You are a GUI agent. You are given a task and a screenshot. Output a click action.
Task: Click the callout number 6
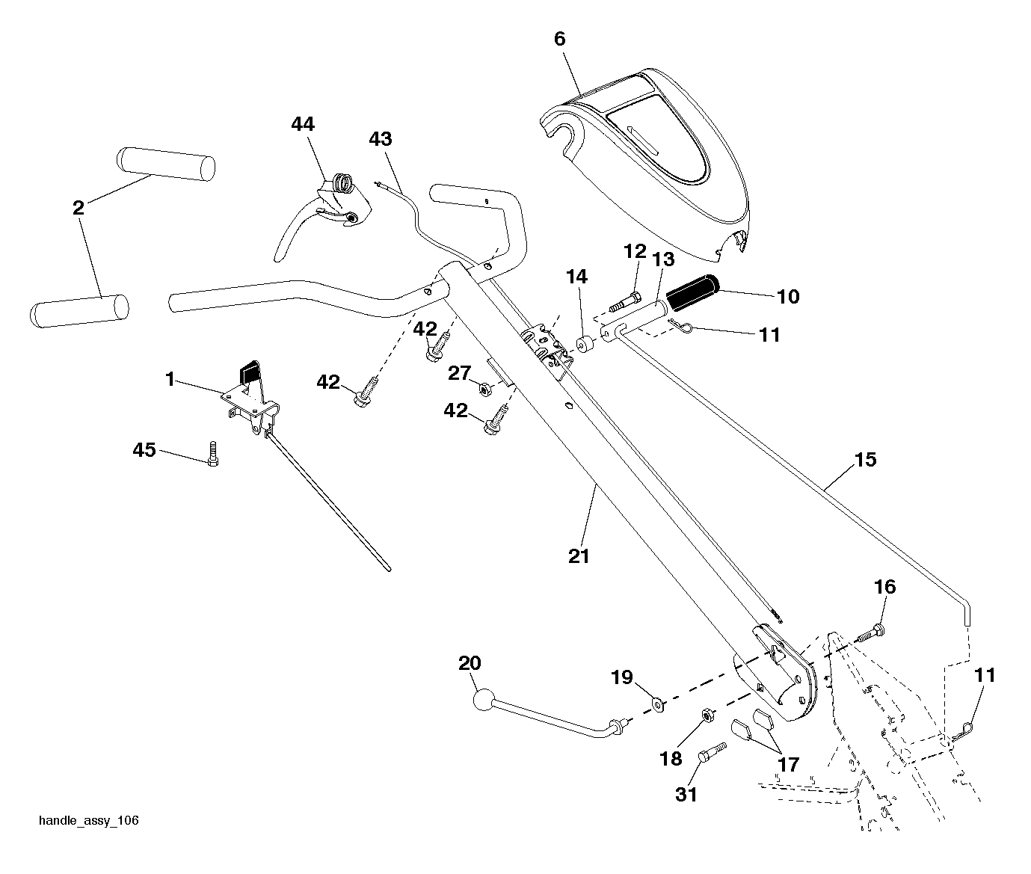pyautogui.click(x=560, y=40)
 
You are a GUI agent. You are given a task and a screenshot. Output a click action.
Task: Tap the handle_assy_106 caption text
pyautogui.click(x=89, y=821)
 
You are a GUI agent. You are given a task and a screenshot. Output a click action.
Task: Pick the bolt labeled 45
pyautogui.click(x=213, y=454)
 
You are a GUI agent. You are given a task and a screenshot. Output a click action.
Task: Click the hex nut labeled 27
pyautogui.click(x=484, y=388)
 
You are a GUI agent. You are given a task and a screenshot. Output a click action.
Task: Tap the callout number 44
pyautogui.click(x=303, y=124)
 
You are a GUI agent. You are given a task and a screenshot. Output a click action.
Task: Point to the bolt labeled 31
pyautogui.click(x=712, y=753)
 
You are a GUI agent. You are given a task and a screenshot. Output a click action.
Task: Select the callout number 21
pyautogui.click(x=579, y=556)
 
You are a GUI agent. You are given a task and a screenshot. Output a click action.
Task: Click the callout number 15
pyautogui.click(x=865, y=460)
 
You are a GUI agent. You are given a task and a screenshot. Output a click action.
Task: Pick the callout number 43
pyautogui.click(x=381, y=139)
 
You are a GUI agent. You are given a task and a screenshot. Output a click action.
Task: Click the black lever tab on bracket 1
pyautogui.click(x=251, y=372)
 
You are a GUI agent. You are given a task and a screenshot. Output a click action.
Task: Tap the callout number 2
pyautogui.click(x=79, y=208)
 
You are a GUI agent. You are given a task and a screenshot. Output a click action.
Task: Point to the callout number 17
pyautogui.click(x=788, y=764)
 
